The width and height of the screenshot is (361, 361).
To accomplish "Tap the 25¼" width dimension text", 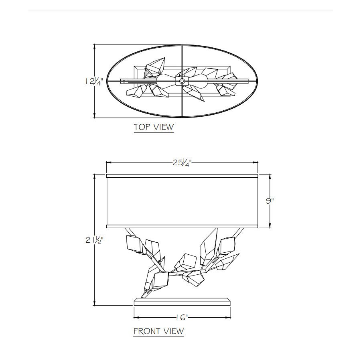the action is pos(182,163).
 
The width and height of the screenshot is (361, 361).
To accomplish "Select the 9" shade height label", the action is pos(270,201).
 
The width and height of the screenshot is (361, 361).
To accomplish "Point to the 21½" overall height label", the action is pos(94,240).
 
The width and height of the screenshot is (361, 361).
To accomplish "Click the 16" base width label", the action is pos(182,318).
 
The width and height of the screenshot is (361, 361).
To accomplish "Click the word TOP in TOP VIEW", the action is pos(142,127).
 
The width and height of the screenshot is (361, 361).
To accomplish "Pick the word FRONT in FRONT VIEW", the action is pos(147,331).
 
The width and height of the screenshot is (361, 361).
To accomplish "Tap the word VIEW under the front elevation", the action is pos(174,331).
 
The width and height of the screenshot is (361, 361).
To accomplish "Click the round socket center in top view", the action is pos(182,81).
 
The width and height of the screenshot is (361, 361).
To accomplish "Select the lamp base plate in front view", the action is pos(182,302).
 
